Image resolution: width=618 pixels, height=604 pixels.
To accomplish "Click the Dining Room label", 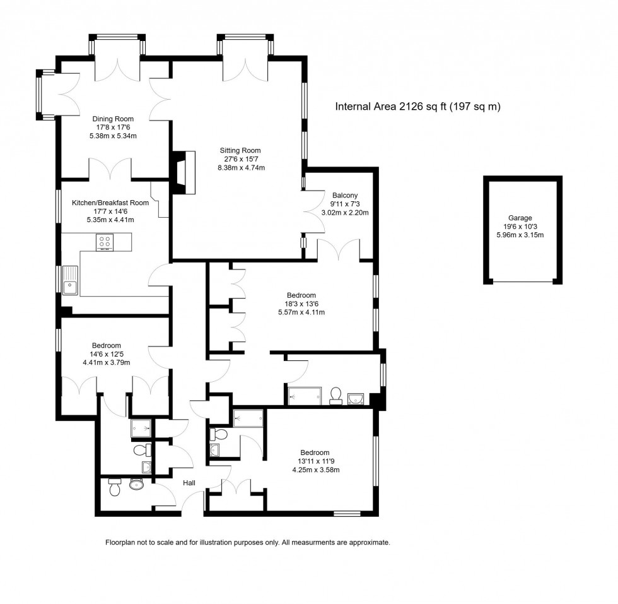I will click(113, 119).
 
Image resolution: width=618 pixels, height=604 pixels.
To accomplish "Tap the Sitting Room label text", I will click(240, 150).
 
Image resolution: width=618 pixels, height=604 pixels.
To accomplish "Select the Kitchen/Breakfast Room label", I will click(110, 203).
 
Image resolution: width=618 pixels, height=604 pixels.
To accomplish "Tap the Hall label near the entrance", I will click(189, 483).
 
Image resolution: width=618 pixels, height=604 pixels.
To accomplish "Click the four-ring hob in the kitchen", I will click(104, 242).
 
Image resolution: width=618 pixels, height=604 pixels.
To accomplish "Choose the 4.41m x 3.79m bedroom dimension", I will click(106, 362).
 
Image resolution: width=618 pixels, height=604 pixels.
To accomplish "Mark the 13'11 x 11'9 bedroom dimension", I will click(314, 461).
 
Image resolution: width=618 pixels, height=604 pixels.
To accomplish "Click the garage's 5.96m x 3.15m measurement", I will click(520, 235).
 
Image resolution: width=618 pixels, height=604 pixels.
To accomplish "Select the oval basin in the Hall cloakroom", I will click(136, 484).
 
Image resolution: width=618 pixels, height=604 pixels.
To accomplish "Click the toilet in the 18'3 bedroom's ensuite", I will click(336, 395).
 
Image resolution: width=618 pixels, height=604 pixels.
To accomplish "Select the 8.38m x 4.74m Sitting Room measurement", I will click(240, 168).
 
